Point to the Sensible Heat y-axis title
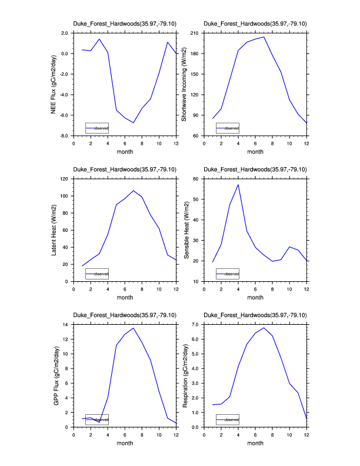(184, 230)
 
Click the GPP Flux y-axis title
(55, 375)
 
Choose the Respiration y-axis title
(184, 375)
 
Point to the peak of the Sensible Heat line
(238, 185)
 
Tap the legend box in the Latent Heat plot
(97, 274)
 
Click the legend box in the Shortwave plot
(228, 128)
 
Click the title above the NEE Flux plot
(124, 24)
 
